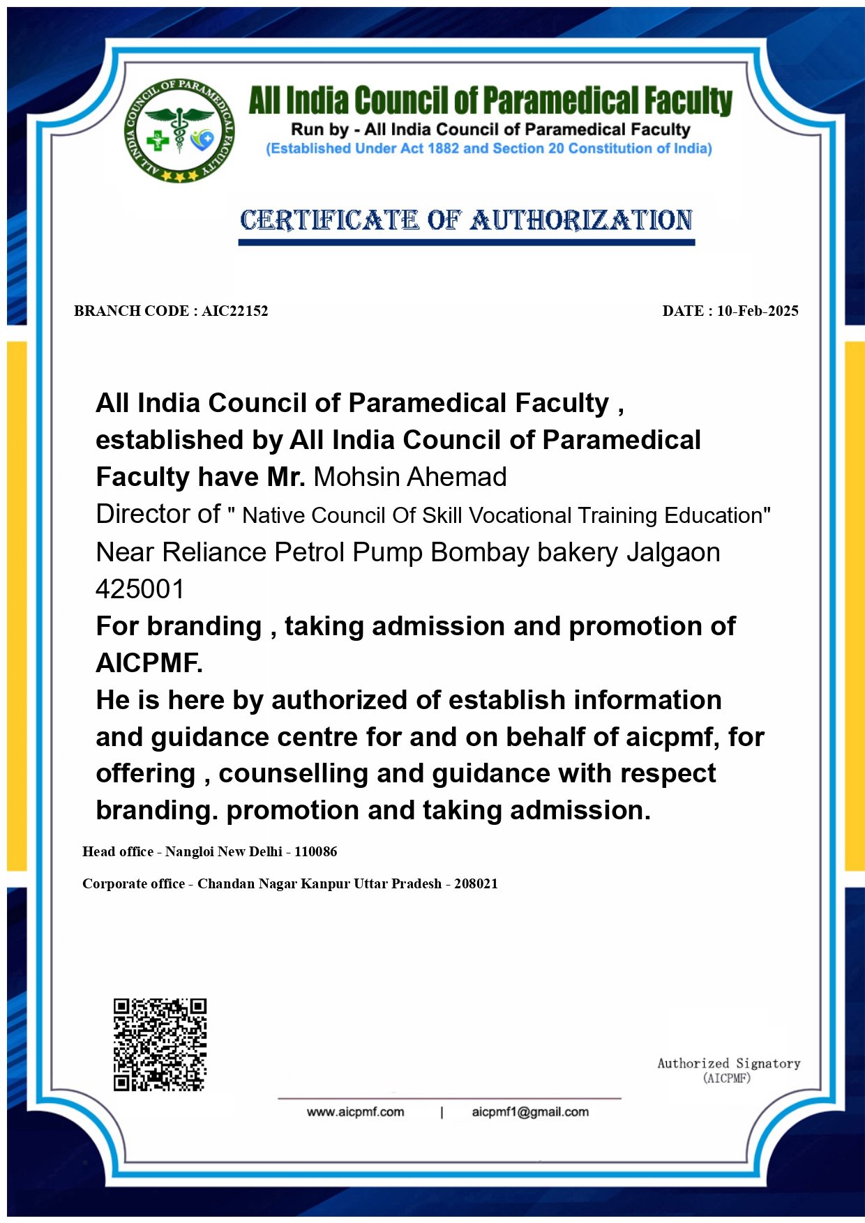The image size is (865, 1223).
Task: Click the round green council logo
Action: click(x=180, y=130)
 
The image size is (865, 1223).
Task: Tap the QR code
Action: click(x=160, y=1044)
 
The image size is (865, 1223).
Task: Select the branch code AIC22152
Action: click(x=235, y=311)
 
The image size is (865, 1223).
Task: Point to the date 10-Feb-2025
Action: click(x=758, y=311)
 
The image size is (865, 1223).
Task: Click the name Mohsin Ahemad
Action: click(x=410, y=477)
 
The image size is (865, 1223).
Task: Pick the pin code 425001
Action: click(x=140, y=589)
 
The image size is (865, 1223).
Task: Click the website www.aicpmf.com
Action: click(x=355, y=1111)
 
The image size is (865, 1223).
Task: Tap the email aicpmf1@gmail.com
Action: click(x=530, y=1111)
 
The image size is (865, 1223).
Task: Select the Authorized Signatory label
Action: click(x=728, y=1063)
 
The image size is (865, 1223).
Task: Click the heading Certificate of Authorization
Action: click(x=466, y=220)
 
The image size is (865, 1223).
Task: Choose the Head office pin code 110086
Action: click(x=315, y=851)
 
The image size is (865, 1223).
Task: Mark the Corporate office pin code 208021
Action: click(x=476, y=883)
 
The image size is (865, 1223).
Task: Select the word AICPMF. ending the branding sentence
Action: click(x=149, y=663)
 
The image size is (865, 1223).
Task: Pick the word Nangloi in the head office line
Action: click(x=190, y=851)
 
